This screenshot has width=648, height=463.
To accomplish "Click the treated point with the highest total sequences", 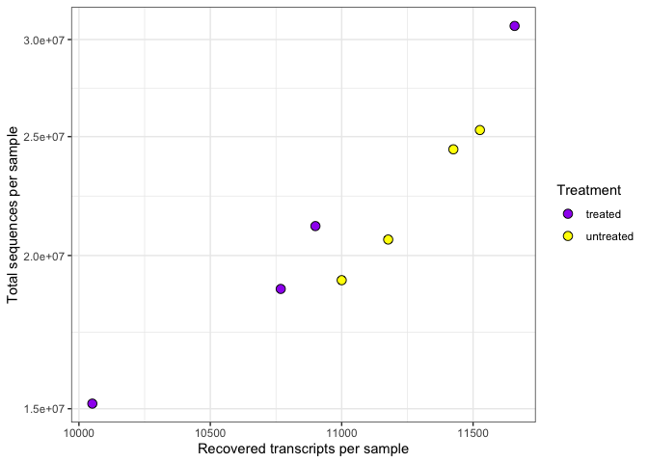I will coord(515,26).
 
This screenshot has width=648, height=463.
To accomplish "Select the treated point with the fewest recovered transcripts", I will coord(93,403).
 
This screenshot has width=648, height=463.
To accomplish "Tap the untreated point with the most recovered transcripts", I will coord(479,130).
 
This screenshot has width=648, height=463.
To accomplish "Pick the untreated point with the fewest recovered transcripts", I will coord(341,280).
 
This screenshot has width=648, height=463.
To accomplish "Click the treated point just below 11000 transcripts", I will coord(315,226).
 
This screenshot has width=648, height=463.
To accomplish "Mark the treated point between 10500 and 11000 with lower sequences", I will coord(281,288).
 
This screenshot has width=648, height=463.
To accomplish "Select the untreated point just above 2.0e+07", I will coord(388,239).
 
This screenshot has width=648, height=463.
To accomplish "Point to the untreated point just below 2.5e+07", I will coord(453,150).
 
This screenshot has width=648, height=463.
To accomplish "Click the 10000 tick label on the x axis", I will coord(79,433).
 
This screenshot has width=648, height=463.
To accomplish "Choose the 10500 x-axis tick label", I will coord(210,433).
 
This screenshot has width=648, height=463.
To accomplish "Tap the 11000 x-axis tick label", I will coord(341,433).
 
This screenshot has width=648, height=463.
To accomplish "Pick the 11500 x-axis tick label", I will coord(472,433).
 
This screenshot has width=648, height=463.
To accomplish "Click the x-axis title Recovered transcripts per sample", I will coord(303,449).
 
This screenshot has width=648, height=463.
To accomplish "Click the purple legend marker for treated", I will coord(569,214).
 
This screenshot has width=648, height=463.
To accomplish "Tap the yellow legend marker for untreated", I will coord(569,235).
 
